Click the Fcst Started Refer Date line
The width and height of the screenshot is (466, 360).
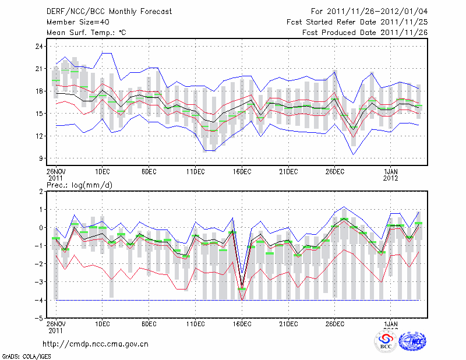point(357,22)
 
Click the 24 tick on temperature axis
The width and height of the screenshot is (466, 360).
point(40,46)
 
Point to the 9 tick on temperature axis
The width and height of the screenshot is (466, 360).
point(41,158)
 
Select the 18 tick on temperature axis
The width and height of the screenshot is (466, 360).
point(40,91)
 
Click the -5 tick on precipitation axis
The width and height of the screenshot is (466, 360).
point(39,319)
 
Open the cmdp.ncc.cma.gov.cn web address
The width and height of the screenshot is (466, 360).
point(96,344)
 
